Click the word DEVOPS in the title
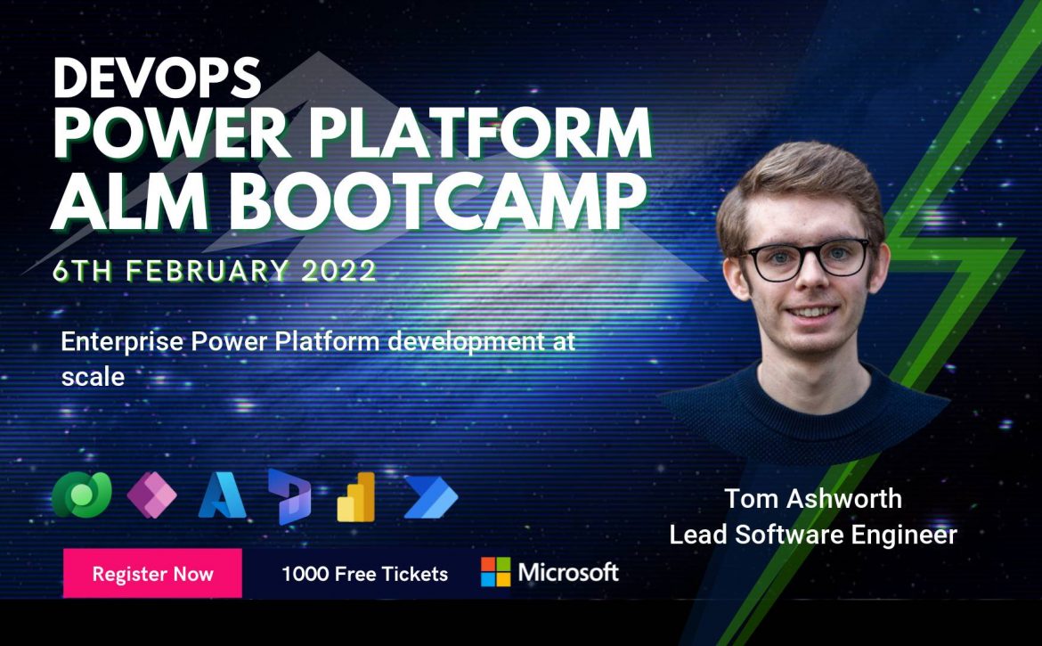pyautogui.click(x=157, y=78)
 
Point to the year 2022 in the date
pyautogui.click(x=339, y=271)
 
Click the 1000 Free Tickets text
pyautogui.click(x=365, y=574)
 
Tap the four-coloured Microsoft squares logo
pyautogui.click(x=496, y=572)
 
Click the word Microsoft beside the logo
pyautogui.click(x=568, y=572)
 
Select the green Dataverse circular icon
pyautogui.click(x=81, y=495)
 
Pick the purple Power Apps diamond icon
pyautogui.click(x=151, y=495)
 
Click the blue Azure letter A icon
pyautogui.click(x=222, y=495)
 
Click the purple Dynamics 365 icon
pyautogui.click(x=289, y=496)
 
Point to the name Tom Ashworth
pyautogui.click(x=813, y=498)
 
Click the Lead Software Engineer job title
pyautogui.click(x=813, y=535)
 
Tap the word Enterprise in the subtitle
pyautogui.click(x=122, y=341)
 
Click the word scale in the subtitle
pyautogui.click(x=93, y=377)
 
